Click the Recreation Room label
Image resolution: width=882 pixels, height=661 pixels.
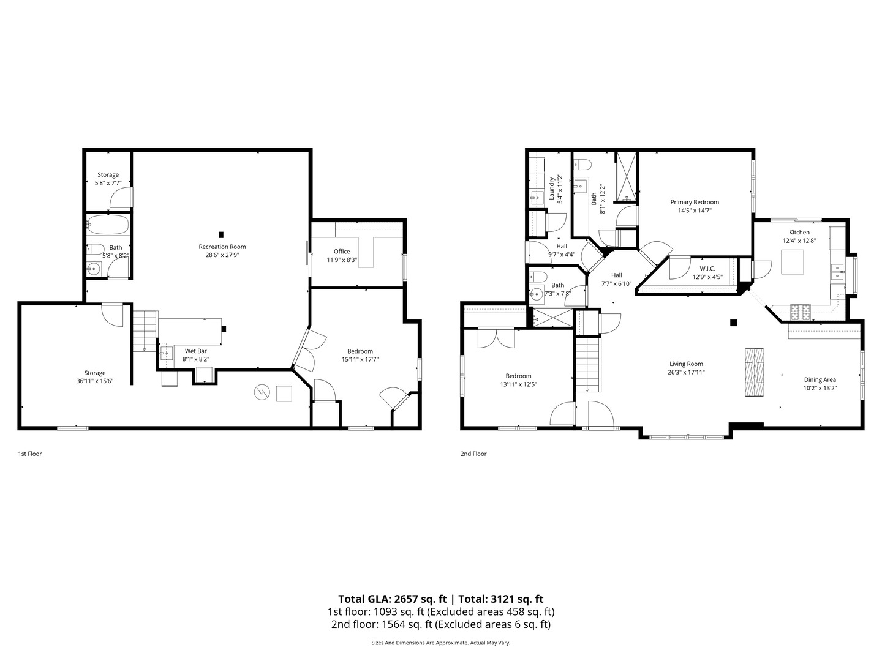[x=222, y=247]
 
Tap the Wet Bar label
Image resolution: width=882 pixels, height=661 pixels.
[x=196, y=351]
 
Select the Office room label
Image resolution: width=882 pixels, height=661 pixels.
[x=342, y=252]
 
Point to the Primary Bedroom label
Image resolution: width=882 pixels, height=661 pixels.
[x=695, y=202]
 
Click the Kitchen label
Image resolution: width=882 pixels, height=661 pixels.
[x=799, y=233]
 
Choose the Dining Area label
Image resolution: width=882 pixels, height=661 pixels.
[x=820, y=379]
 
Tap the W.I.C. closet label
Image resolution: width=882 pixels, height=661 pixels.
[x=707, y=269]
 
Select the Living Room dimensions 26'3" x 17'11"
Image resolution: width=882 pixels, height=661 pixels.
[x=686, y=372]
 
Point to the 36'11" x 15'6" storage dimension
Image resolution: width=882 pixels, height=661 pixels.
[x=95, y=381]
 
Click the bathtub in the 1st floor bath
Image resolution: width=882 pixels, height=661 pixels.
[x=108, y=225]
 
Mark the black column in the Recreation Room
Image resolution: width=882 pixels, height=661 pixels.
[x=221, y=234]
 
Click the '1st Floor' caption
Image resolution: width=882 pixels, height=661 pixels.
[x=30, y=454]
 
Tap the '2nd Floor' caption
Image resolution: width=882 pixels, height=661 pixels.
[x=473, y=454]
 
